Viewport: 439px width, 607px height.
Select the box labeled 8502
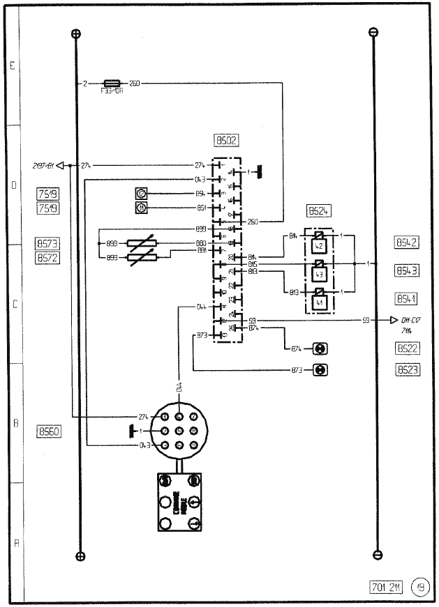pos(228,140)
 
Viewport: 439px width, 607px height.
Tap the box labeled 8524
pos(318,211)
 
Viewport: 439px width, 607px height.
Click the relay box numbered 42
pos(319,245)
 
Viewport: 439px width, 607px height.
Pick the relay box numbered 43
pos(319,274)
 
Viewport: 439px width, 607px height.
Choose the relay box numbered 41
pos(319,302)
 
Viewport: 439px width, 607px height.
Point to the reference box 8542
pos(406,243)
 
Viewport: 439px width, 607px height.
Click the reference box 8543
pos(406,270)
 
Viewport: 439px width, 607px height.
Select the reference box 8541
pos(406,299)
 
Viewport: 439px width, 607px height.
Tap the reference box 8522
pos(406,348)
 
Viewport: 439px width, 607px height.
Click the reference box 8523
pos(406,370)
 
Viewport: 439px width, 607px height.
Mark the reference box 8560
pos(48,431)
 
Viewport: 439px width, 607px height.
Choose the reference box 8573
pos(47,244)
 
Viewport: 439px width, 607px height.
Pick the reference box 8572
pos(47,258)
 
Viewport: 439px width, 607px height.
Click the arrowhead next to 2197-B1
pos(60,165)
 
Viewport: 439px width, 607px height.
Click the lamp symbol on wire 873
pos(320,370)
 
